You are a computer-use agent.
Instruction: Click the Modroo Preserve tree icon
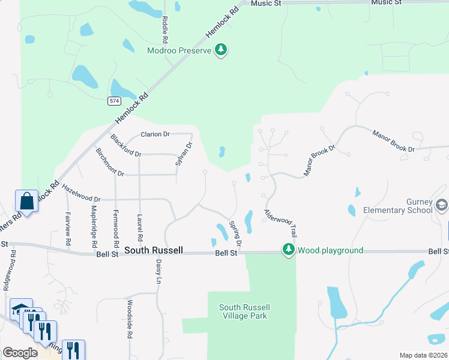(x=221, y=50)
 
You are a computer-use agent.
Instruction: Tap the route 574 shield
(x=114, y=101)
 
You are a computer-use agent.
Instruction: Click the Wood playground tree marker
(x=289, y=250)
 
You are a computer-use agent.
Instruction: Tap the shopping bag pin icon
(x=27, y=202)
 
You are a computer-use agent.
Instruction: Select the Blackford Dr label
(x=125, y=146)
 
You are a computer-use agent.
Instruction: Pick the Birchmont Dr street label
(x=109, y=162)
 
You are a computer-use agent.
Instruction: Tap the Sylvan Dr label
(x=183, y=154)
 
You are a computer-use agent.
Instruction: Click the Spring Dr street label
(x=235, y=234)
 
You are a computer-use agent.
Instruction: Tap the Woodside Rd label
(x=129, y=320)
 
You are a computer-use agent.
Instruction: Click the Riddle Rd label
(x=164, y=25)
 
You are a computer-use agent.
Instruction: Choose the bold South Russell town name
(x=153, y=250)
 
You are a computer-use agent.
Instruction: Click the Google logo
(x=20, y=353)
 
